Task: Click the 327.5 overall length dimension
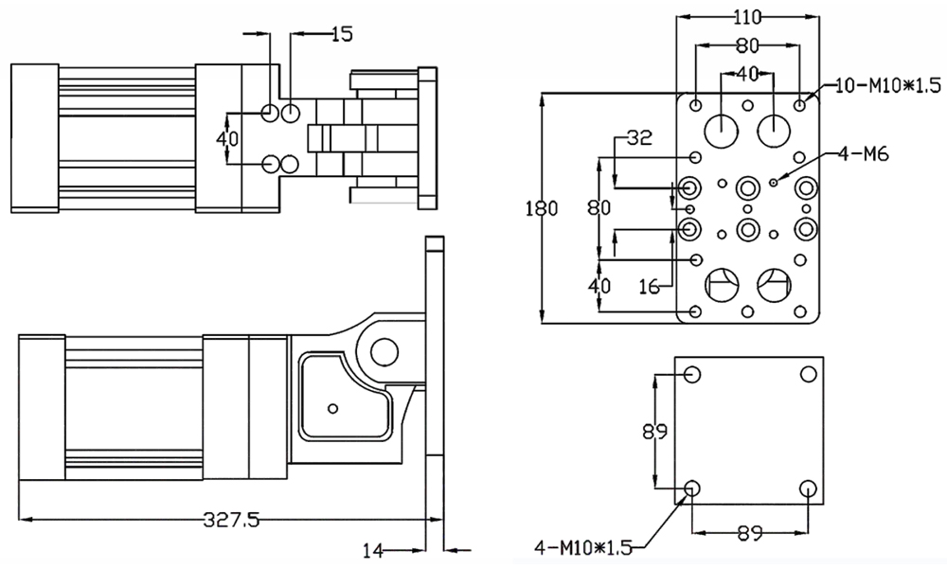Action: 232,519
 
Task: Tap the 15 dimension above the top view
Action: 342,34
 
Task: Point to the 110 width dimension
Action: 748,15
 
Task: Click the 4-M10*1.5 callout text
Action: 581,547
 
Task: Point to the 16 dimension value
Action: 648,284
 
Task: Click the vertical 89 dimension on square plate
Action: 653,432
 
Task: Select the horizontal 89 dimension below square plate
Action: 749,533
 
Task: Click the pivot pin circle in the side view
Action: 384,352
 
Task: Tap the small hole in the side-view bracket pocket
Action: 331,408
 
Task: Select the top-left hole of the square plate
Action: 691,374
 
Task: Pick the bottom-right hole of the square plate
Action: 808,489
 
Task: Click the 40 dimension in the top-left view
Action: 227,138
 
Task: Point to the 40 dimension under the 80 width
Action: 747,73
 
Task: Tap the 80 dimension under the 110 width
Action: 748,44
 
